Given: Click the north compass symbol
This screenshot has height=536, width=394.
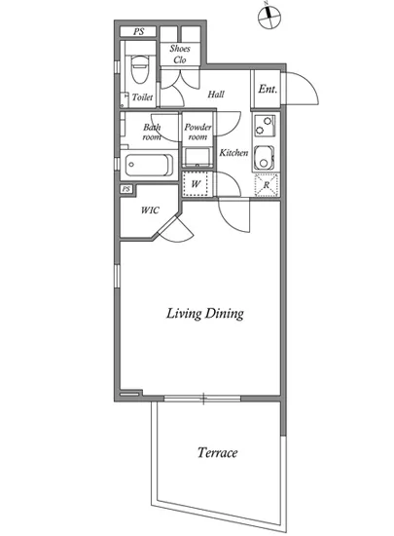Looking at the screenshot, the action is click(x=269, y=16).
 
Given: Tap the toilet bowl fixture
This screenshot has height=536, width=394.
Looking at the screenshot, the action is click(x=140, y=69).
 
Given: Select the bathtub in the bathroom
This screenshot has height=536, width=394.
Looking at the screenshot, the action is click(x=149, y=165).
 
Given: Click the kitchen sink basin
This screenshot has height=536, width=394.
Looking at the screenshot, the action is click(x=264, y=158).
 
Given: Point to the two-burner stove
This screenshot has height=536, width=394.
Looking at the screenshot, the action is click(x=265, y=125).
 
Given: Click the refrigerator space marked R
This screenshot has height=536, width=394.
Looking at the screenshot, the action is click(x=267, y=185).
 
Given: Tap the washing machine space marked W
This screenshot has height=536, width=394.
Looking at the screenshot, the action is click(x=196, y=184).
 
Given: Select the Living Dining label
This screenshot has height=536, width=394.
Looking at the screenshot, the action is click(x=205, y=314).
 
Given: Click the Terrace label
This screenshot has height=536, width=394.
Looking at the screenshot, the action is click(x=217, y=452).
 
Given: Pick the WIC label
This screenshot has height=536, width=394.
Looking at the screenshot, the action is click(x=150, y=210).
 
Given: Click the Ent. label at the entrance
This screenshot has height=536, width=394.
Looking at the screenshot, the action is click(x=268, y=90).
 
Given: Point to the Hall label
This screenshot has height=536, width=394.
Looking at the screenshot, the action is click(x=216, y=94).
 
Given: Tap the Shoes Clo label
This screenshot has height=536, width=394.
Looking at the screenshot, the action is click(x=180, y=54).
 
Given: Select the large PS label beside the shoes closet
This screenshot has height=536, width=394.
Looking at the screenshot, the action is click(x=138, y=32).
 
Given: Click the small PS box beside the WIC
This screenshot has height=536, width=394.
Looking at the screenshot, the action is click(x=126, y=189).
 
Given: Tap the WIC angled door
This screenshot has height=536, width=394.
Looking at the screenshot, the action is click(x=176, y=229).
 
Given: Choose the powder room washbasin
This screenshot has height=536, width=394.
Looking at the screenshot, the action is click(x=197, y=157).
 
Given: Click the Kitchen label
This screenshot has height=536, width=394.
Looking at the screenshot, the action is click(x=233, y=153).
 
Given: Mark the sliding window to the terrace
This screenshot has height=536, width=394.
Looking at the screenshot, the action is click(x=202, y=399).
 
